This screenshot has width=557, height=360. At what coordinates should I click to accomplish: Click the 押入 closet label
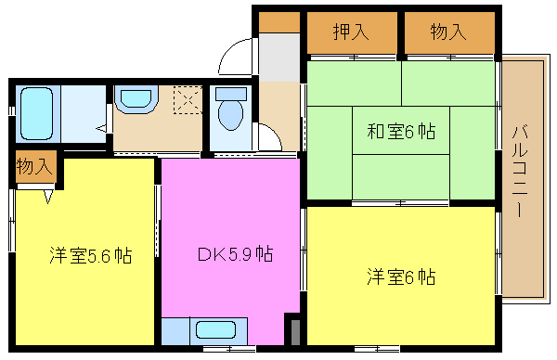click(351, 32)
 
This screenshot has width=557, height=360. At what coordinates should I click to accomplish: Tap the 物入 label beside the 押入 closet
click(448, 32)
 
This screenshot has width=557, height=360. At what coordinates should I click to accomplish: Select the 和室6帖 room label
click(401, 132)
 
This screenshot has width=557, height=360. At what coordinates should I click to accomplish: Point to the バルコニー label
click(520, 171)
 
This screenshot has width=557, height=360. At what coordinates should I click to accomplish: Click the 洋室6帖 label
click(401, 276)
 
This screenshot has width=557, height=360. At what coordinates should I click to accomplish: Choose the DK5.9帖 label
click(235, 254)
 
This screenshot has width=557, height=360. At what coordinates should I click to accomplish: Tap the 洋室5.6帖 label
click(91, 255)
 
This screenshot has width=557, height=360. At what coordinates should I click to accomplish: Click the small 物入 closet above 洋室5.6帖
click(36, 166)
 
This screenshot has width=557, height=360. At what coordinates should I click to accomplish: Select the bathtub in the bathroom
click(36, 113)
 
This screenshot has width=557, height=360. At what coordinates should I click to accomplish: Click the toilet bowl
click(231, 114)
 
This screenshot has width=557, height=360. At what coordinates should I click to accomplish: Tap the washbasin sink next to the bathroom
click(136, 98)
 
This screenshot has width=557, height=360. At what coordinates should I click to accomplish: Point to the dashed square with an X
click(188, 100)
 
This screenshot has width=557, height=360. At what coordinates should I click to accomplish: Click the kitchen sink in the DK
click(215, 329)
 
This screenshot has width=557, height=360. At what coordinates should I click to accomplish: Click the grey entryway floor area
click(279, 58)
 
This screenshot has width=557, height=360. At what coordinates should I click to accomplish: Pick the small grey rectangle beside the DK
click(295, 332)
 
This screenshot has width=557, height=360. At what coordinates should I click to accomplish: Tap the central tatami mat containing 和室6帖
click(401, 130)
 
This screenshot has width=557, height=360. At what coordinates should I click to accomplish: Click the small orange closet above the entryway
click(279, 22)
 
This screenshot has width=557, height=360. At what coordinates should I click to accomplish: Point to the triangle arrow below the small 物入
click(48, 197)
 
